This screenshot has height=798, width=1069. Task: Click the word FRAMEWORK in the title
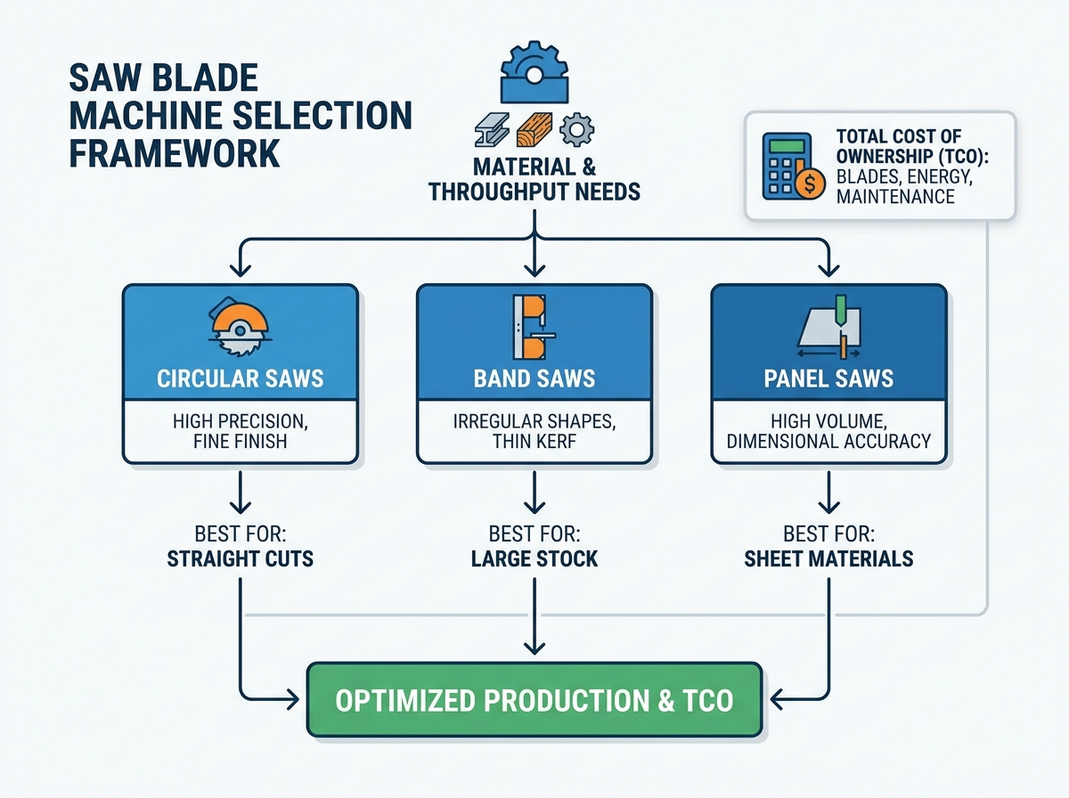[175, 153]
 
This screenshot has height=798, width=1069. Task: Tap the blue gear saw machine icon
[534, 72]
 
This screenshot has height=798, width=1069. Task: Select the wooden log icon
[534, 130]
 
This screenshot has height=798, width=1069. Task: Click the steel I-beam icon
[492, 130]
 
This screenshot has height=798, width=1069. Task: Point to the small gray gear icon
[576, 130]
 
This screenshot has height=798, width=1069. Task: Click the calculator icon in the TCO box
[787, 166]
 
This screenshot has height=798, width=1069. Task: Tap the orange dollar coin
[810, 183]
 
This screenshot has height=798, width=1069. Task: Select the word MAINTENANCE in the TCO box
[895, 197]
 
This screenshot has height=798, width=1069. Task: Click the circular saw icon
[240, 326]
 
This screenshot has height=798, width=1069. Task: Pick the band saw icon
[534, 327]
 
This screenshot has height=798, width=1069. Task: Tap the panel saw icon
[828, 327]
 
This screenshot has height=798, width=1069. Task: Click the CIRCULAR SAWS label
[241, 379]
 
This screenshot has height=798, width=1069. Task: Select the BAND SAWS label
[534, 379]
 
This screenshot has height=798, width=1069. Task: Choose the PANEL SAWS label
[828, 379]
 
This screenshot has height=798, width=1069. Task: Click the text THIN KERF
[534, 441]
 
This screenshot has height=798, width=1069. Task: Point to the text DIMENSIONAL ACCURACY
[828, 441]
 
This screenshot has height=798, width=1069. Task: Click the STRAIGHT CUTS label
[241, 558]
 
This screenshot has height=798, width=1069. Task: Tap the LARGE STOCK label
[534, 558]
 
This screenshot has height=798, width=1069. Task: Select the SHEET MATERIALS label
[828, 558]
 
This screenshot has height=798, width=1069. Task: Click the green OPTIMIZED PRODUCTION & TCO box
[534, 700]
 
